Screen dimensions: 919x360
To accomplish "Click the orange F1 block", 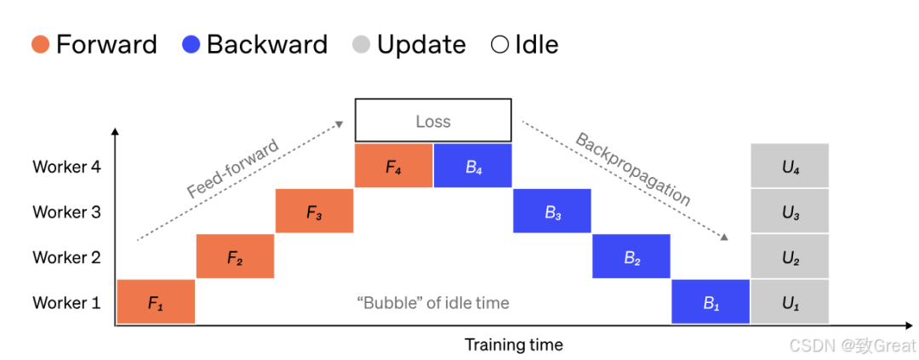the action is pos(156,301).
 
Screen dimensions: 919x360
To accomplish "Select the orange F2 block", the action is pos(235,255).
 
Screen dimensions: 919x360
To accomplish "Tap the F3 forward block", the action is pos(315,211).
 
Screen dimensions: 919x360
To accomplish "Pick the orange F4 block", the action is pos(394,165).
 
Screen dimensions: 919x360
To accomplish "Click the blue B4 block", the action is pos(473,165).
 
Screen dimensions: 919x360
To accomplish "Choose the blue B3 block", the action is pos(552,211).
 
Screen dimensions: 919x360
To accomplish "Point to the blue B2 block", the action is pos(631,255).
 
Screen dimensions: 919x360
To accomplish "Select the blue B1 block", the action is pos(711,301).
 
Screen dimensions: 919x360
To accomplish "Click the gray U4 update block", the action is pos(790,165).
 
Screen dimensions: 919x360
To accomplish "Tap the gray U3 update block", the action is pos(790,211).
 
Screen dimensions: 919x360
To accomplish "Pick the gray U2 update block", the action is pos(790,255).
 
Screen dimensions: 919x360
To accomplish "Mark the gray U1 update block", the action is pos(790,301).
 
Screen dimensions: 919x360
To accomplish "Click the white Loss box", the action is pos(433,100).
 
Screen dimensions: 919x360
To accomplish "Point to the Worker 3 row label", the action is pos(67,212).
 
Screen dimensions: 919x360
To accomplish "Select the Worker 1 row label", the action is pos(67,302).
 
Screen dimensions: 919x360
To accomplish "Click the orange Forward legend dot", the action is pos(41,45).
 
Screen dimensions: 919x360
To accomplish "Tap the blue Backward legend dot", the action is pos(191,45).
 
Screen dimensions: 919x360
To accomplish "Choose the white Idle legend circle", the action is pos(500,45).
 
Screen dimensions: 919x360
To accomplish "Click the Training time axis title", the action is pos(514,344).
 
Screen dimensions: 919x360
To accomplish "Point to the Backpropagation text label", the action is pos(633,169).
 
